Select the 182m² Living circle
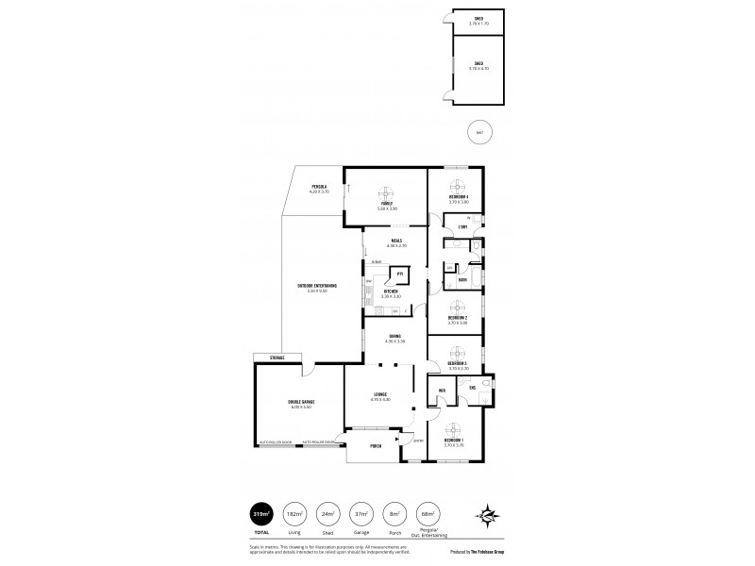294,514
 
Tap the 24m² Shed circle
327,514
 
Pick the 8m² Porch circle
394,514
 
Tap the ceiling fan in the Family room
383,189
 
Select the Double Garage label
301,403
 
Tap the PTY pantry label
399,274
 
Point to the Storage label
277,358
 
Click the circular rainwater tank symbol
479,132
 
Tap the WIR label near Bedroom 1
441,390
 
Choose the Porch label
375,446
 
